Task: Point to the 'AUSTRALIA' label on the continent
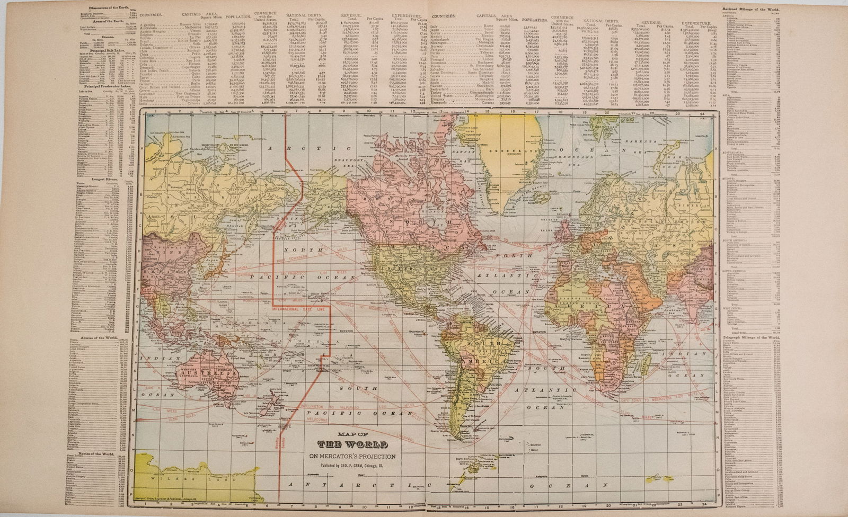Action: (x=206, y=373)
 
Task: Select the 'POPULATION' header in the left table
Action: (x=237, y=17)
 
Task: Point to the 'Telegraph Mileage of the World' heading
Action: (x=751, y=337)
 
